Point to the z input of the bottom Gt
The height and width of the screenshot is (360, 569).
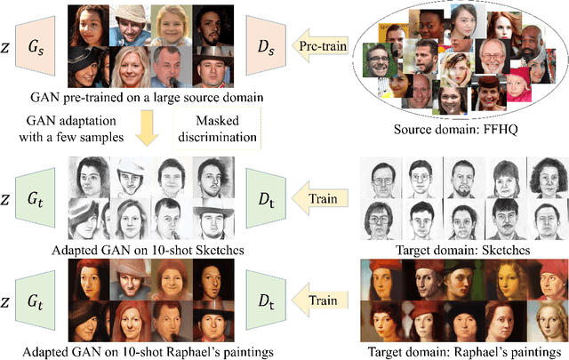coord(11,301)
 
